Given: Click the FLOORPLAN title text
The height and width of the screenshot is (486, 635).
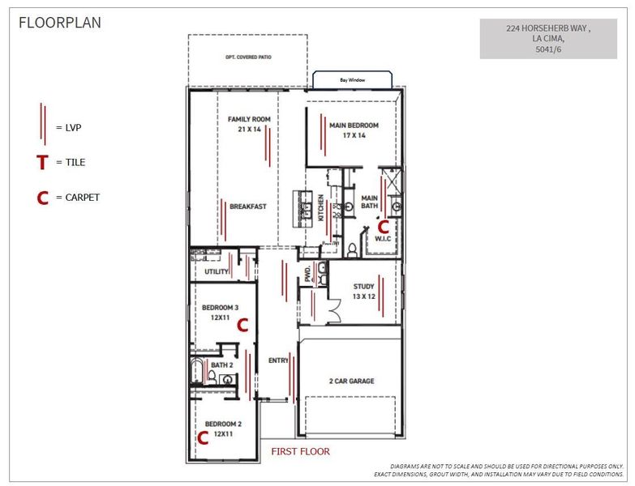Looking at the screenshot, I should pyautogui.click(x=60, y=23).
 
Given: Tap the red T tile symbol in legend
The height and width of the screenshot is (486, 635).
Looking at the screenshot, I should pyautogui.click(x=41, y=163).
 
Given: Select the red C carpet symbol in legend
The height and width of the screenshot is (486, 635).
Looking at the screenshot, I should pyautogui.click(x=41, y=198).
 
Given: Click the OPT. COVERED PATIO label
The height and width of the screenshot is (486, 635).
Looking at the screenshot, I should pyautogui.click(x=247, y=58).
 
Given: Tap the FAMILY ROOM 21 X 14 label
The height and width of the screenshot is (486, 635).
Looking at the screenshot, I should pyautogui.click(x=249, y=124).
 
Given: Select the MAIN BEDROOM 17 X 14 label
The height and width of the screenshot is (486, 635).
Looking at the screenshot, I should pyautogui.click(x=354, y=130).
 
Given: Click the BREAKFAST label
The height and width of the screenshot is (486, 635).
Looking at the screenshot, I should pyautogui.click(x=248, y=207).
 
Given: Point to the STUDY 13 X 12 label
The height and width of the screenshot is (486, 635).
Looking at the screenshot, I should pyautogui.click(x=363, y=291).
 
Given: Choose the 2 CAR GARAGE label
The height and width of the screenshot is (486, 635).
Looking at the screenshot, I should pyautogui.click(x=350, y=381).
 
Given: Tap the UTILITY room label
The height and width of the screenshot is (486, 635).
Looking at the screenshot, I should pyautogui.click(x=217, y=272).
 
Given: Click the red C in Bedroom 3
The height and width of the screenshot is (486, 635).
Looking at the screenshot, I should pyautogui.click(x=241, y=325).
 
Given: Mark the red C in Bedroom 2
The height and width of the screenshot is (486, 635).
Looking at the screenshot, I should pyautogui.click(x=203, y=437).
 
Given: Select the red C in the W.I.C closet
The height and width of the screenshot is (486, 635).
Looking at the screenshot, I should pyautogui.click(x=384, y=228).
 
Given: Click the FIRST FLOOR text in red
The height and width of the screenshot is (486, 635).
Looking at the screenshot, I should pyautogui.click(x=300, y=451).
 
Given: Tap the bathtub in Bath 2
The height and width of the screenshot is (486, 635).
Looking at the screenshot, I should pyautogui.click(x=197, y=373).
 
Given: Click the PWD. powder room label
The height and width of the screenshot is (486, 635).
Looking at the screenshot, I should pyautogui.click(x=308, y=273).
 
